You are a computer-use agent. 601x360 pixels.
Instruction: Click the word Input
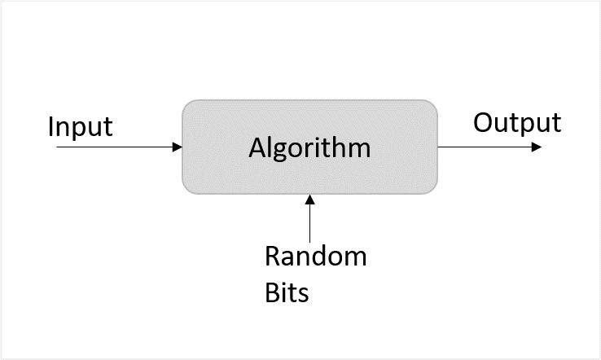coord(80,128)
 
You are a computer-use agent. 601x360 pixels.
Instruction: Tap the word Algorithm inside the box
coord(309,148)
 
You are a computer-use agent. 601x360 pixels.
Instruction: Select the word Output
coord(517,123)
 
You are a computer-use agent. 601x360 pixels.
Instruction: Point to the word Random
coord(316,257)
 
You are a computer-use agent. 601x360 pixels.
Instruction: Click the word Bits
coord(287,292)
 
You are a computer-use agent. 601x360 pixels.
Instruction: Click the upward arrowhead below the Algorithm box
coord(309,200)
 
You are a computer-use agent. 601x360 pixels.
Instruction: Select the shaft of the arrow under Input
coord(114,147)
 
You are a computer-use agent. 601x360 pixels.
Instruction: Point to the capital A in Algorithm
coord(257,148)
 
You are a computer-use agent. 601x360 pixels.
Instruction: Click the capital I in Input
coord(51,127)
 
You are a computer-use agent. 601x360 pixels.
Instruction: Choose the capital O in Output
coord(484,123)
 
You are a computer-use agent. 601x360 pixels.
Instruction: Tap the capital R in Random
coord(274,257)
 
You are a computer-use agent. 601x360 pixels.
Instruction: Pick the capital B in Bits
coord(273,292)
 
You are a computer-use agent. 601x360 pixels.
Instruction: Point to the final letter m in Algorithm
coord(359,150)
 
